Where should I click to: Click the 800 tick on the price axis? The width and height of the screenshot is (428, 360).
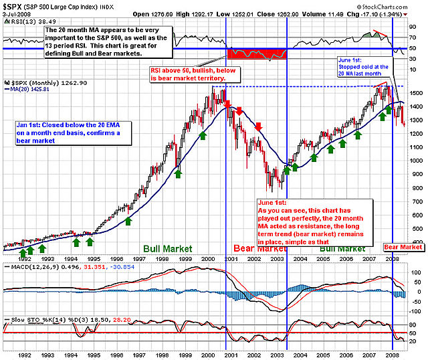click(x=415, y=187)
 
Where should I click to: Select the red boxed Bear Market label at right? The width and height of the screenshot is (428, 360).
click(x=403, y=247)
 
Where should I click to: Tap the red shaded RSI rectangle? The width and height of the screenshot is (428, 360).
click(x=257, y=54)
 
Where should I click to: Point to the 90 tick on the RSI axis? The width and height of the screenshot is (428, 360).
click(x=414, y=27)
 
